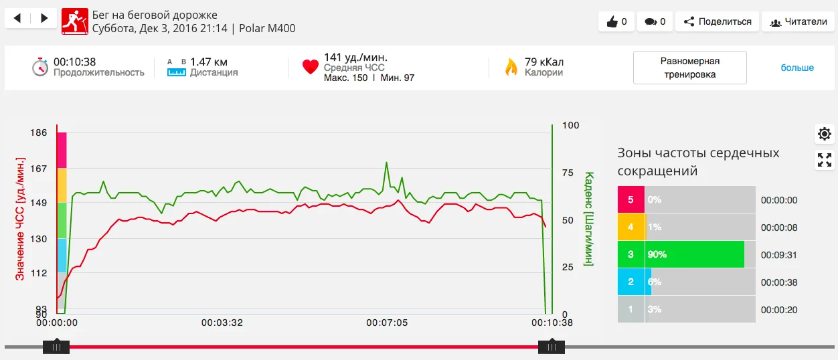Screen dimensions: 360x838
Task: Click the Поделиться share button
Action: click(x=717, y=21)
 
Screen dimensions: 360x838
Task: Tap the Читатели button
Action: click(x=799, y=21)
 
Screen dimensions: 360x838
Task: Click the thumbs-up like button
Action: click(x=616, y=21)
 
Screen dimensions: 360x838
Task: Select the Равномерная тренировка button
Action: click(x=689, y=68)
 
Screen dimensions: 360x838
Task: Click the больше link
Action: click(x=797, y=68)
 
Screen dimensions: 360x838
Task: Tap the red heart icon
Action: click(x=310, y=67)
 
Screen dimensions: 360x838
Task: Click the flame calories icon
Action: click(x=511, y=67)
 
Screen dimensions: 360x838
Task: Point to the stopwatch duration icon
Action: click(x=40, y=67)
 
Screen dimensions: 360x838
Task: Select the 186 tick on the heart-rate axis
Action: click(x=39, y=132)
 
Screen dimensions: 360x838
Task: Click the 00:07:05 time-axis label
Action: click(x=386, y=323)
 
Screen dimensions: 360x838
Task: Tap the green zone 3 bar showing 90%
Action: click(x=695, y=254)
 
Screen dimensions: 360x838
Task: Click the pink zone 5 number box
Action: click(x=631, y=199)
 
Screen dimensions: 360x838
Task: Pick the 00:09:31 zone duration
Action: click(x=779, y=255)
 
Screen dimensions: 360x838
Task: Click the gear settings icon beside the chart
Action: click(x=825, y=134)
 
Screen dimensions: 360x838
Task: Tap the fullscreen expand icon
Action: click(x=825, y=160)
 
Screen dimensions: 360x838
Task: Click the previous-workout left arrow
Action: click(x=18, y=19)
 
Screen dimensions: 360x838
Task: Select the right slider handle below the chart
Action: click(x=552, y=347)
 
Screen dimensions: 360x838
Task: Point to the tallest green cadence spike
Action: click(x=386, y=163)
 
